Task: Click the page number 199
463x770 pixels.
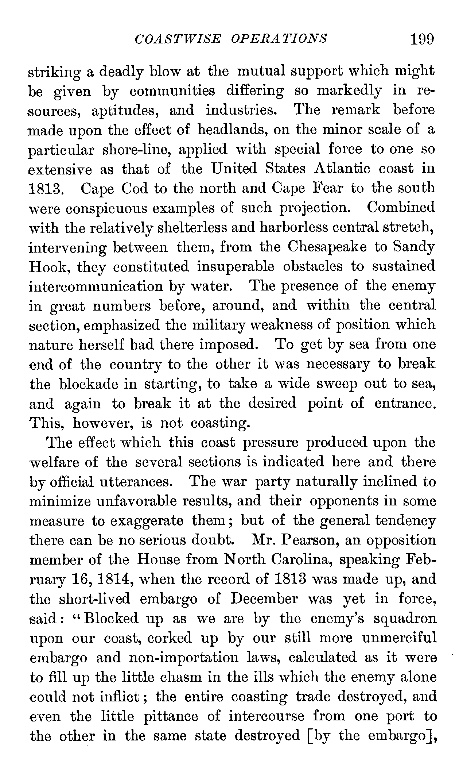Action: coord(422,39)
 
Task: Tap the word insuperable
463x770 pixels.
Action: coord(235,267)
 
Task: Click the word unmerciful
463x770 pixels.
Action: coord(400,638)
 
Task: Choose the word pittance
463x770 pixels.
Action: coord(171,716)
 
